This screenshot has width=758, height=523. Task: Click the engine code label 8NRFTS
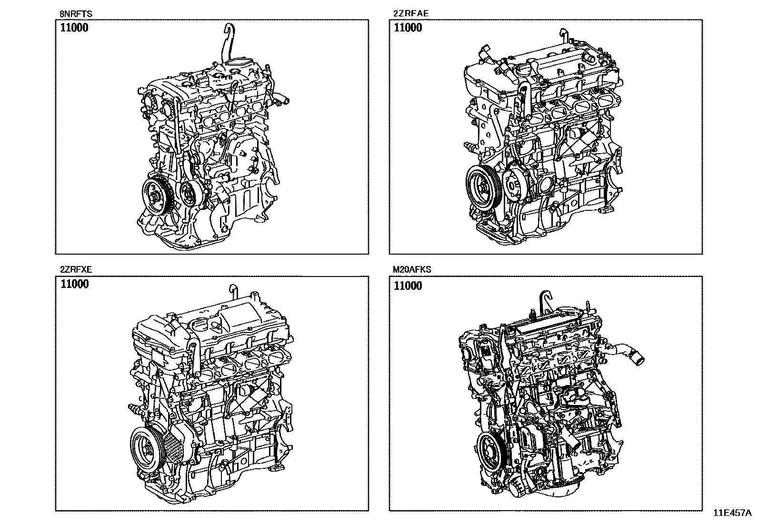pos(76,14)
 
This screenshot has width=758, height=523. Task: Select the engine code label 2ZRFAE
pos(410,13)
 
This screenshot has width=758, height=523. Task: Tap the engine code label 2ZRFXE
pos(76,269)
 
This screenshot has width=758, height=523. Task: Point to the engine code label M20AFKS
pos(412,269)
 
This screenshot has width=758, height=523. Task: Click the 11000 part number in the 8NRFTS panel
pos(74,28)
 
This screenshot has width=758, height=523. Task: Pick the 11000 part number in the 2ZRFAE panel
pos(408,28)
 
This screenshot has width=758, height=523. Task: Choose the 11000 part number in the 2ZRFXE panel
pos(74,284)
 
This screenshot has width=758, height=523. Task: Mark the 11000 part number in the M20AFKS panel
pos(408,286)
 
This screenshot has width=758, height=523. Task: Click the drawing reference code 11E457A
pos(732,513)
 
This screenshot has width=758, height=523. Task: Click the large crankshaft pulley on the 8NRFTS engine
pos(156,197)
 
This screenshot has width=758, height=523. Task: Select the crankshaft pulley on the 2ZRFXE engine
pos(146,448)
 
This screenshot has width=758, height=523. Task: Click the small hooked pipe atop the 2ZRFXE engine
pos(233,292)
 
